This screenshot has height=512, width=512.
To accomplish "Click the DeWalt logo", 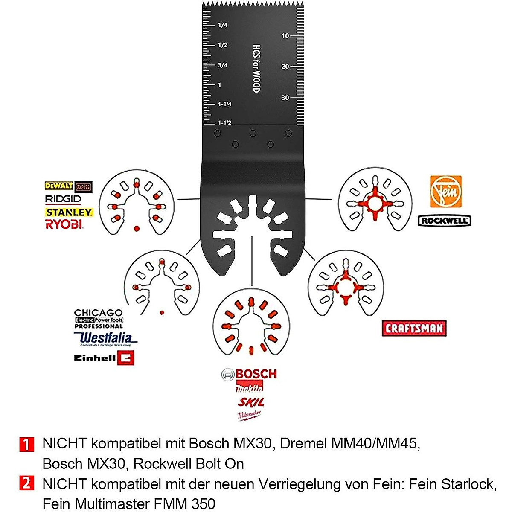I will (x=59, y=186).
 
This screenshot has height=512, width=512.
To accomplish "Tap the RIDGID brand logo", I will (x=63, y=199).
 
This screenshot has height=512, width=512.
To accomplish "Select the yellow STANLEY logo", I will (x=69, y=212).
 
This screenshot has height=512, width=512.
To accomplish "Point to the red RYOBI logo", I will (x=64, y=224).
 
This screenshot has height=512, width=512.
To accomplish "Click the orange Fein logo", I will (x=445, y=192).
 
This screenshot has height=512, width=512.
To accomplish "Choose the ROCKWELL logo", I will (x=445, y=221).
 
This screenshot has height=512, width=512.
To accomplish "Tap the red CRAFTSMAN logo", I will (x=414, y=328).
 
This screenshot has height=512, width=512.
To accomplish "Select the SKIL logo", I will (x=250, y=402).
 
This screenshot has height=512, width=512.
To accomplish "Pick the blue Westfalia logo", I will (x=105, y=339).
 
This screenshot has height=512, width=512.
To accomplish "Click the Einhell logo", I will (x=104, y=358).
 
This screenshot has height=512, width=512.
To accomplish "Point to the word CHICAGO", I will (x=98, y=313).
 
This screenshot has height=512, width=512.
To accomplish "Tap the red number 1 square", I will (x=26, y=444).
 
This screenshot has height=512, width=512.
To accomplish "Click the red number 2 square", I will (x=26, y=484).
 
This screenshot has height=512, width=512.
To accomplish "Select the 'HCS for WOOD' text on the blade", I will (x=256, y=69).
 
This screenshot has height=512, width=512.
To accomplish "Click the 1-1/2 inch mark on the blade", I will (x=224, y=123).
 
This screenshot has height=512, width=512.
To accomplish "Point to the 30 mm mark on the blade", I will (x=285, y=98).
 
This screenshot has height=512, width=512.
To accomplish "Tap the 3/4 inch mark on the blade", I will (x=223, y=65).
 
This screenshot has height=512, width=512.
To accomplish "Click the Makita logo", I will (x=250, y=388).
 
